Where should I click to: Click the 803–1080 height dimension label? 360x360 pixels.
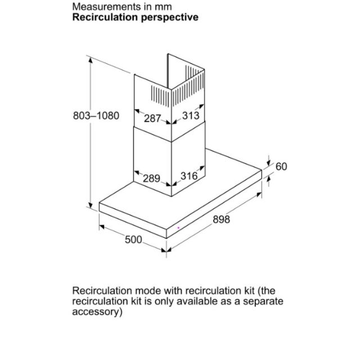pyautogui.click(x=96, y=115)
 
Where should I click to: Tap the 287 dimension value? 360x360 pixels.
pyautogui.click(x=152, y=119)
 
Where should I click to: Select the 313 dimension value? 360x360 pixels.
pyautogui.click(x=191, y=115)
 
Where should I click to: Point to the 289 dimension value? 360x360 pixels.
pyautogui.click(x=151, y=178)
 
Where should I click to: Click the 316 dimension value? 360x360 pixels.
pyautogui.click(x=189, y=176)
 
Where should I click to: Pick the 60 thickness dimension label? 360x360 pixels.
pyautogui.click(x=281, y=166)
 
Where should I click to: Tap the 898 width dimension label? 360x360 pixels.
pyautogui.click(x=221, y=219)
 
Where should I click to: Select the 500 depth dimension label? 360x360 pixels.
pyautogui.click(x=133, y=240)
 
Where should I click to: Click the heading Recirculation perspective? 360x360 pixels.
pyautogui.click(x=135, y=17)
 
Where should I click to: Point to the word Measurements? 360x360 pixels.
pyautogui.click(x=106, y=7)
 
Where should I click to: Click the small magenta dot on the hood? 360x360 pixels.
pyautogui.click(x=178, y=228)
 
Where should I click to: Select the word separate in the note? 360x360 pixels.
pyautogui.click(x=263, y=301)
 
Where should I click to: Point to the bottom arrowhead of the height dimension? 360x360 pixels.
pyautogui.click(x=91, y=205)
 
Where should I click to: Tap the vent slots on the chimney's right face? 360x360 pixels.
pyautogui.click(x=188, y=86)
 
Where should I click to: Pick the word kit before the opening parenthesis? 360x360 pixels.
pyautogui.click(x=249, y=291)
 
